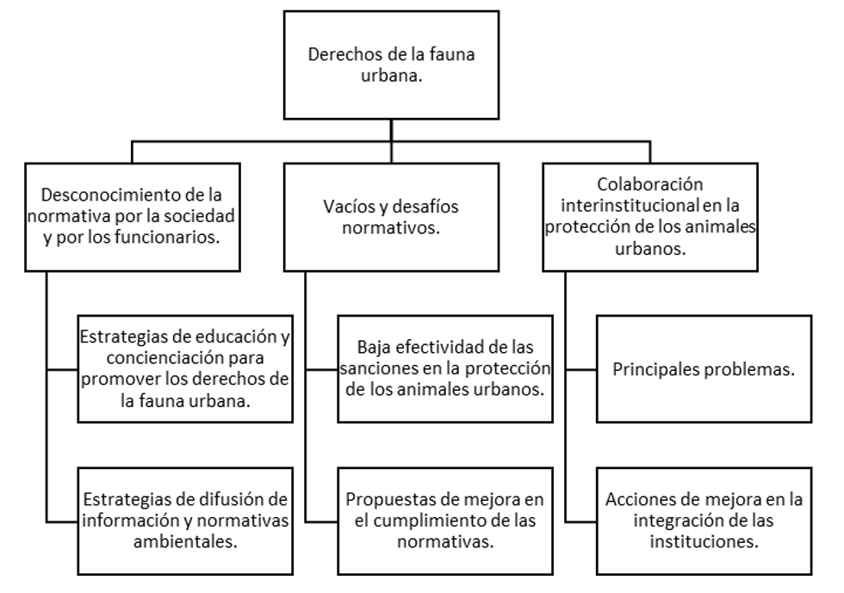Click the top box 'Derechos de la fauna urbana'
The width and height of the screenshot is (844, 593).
[391, 65]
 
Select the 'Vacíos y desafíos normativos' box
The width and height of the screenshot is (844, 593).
[391, 217]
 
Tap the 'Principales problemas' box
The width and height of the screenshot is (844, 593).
[704, 369]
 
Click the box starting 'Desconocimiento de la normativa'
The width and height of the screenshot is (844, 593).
[133, 217]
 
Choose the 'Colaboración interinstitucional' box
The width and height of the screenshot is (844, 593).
[650, 217]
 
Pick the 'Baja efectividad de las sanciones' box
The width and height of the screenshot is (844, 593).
[445, 369]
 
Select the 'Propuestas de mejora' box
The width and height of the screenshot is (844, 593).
[445, 521]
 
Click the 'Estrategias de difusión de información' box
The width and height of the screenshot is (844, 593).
[185, 521]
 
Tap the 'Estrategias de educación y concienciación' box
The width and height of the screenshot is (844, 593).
[185, 369]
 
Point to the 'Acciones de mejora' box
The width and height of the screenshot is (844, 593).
[704, 521]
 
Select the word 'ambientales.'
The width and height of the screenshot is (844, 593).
[185, 541]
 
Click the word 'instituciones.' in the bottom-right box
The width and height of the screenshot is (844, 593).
[704, 541]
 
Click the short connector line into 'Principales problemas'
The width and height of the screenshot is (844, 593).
[581, 370]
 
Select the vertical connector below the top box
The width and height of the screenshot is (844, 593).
[391, 141]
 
